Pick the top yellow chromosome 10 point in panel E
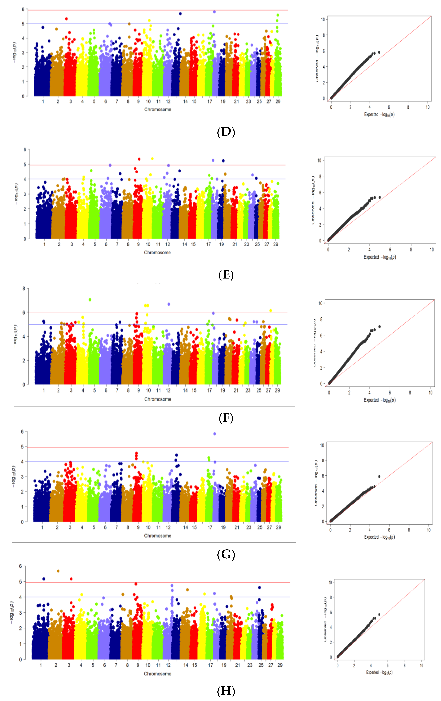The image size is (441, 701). click(152, 159)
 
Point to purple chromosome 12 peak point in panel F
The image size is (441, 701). click(169, 304)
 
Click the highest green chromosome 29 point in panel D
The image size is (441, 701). click(278, 15)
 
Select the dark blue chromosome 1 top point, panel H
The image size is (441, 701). click(44, 579)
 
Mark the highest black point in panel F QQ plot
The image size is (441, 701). click(379, 327)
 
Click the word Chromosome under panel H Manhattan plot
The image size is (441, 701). click(157, 674)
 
